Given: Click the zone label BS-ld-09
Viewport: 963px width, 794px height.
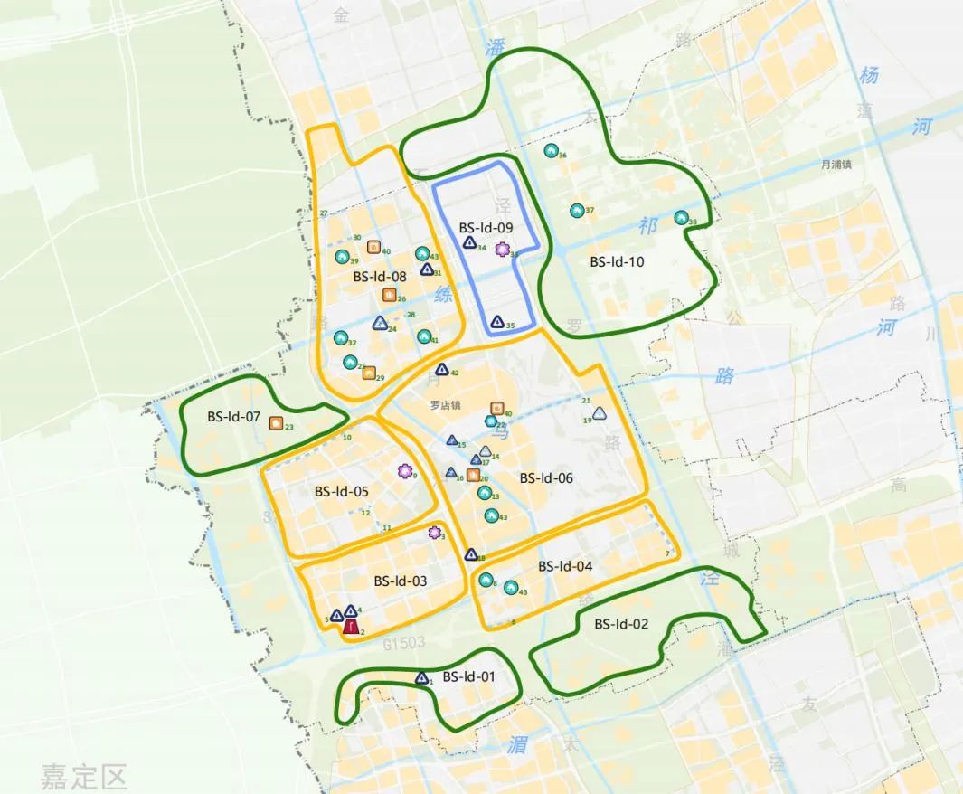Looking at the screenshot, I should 486,228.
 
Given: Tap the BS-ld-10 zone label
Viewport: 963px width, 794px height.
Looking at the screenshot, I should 617,262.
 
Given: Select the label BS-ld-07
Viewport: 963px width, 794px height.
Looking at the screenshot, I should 233,418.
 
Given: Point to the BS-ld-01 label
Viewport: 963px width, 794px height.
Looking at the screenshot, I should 468,676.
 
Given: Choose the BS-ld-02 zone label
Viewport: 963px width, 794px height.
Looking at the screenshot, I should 621,624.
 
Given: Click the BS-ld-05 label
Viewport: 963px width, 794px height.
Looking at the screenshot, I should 342,492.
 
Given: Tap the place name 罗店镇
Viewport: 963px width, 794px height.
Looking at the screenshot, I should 446,405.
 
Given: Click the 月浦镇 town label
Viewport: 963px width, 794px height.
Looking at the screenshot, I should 836,165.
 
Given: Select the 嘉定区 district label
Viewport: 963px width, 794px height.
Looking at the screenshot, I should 83,776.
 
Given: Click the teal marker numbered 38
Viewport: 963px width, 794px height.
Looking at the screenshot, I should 681,218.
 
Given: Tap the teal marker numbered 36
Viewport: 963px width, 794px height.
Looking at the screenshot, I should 551,150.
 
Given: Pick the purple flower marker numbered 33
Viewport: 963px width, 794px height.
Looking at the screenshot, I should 502,250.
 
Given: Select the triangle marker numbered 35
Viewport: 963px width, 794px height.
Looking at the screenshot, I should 496,321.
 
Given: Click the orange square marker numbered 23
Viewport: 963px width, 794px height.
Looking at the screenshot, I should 275,422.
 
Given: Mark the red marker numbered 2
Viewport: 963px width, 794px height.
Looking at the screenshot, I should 350,625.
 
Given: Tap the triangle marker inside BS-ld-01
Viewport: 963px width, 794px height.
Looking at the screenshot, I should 421,677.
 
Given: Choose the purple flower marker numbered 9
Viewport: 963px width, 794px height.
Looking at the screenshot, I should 404,470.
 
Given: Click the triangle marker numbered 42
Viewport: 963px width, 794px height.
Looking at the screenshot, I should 442,369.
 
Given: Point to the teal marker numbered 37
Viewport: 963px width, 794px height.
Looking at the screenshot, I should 577,211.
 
